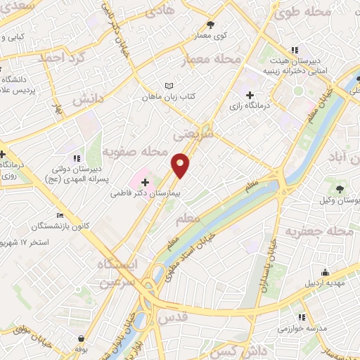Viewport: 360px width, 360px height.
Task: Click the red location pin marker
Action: click(181, 165)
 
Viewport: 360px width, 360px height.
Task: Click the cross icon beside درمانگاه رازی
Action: click(250, 95)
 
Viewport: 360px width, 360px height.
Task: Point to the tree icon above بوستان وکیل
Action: click(340, 188)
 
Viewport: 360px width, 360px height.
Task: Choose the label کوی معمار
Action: click(210, 34)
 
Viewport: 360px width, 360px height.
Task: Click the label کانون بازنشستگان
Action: click(59, 226)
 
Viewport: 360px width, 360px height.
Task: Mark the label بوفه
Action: click(82, 347)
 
